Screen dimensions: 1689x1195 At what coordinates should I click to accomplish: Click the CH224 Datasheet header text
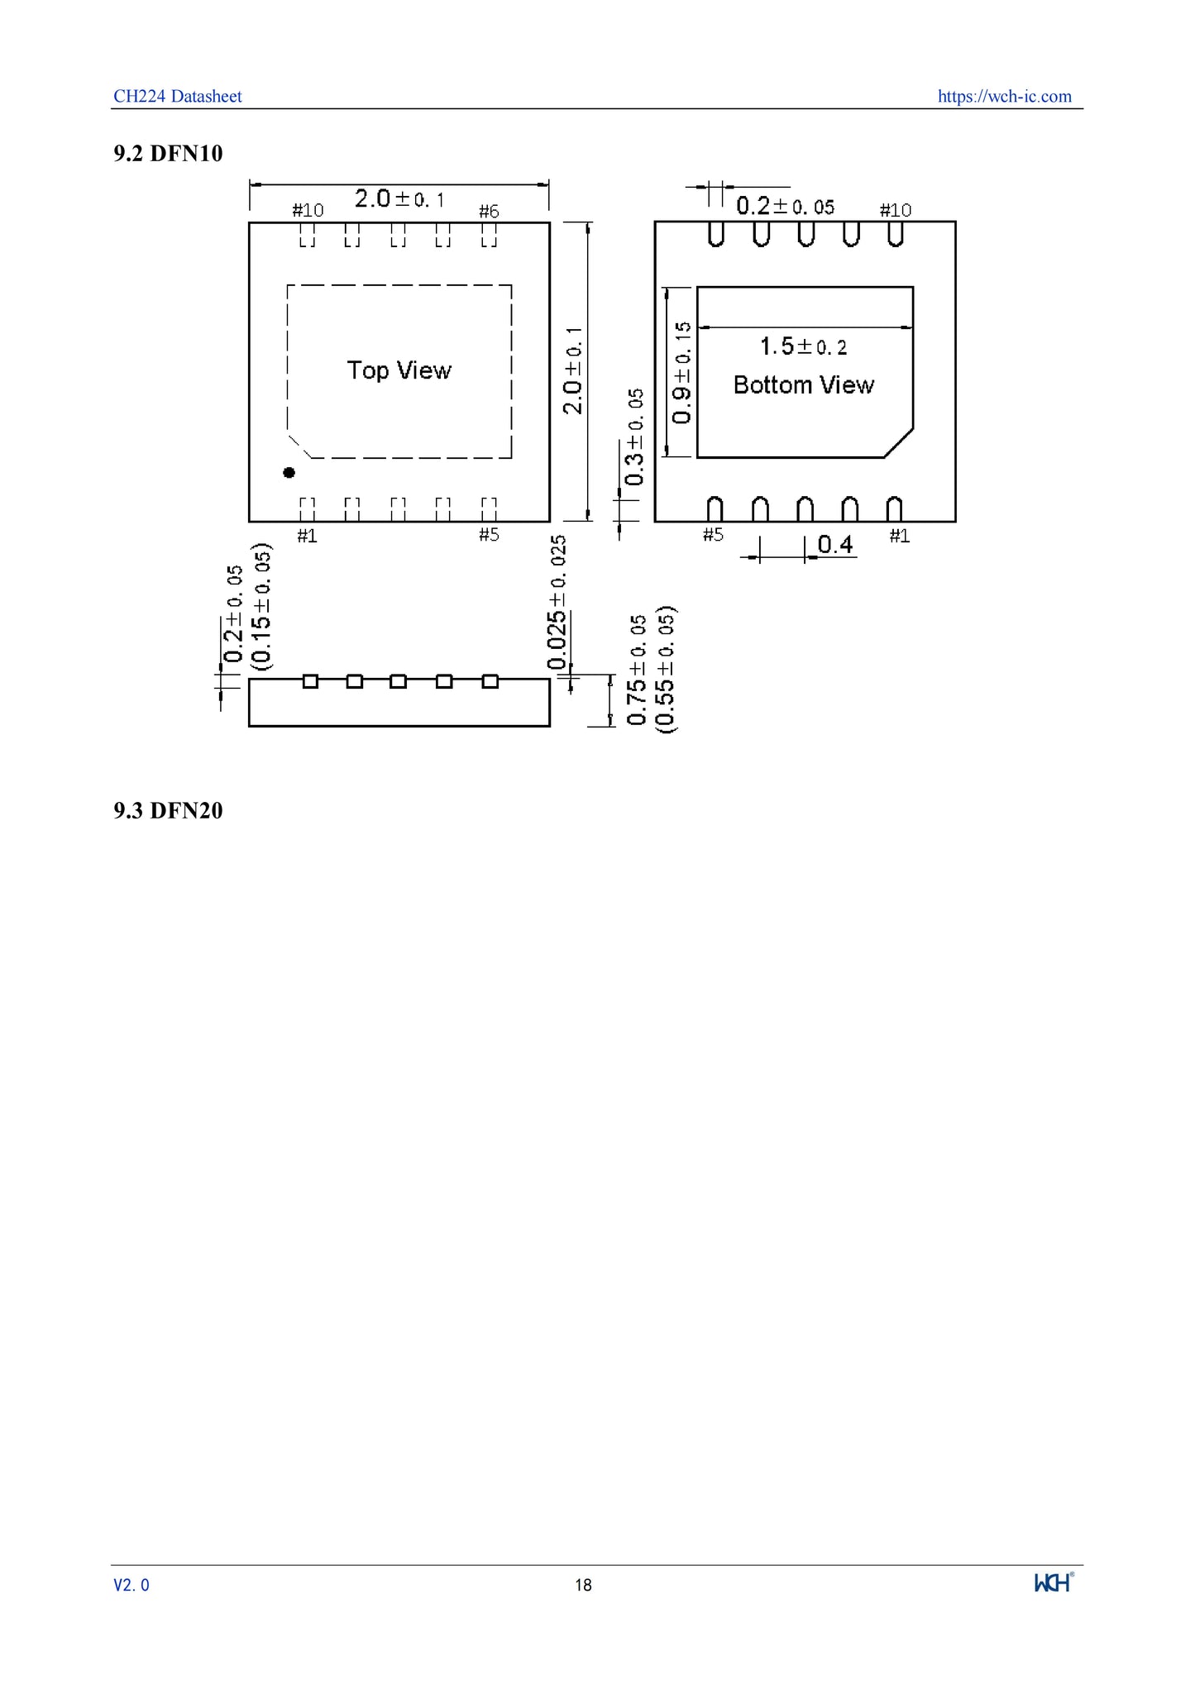177,96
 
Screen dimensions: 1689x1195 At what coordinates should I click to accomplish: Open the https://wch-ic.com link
1004,96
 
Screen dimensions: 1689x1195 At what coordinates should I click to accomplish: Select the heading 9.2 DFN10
168,153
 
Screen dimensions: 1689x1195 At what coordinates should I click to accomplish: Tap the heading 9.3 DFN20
168,810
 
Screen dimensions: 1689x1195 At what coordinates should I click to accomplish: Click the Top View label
399,370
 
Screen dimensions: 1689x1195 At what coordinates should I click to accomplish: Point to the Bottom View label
803,384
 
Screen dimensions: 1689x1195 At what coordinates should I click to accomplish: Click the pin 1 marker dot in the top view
289,472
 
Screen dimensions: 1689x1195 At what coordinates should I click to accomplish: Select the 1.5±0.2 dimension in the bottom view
803,346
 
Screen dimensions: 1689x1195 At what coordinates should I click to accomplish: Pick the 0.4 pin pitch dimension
834,544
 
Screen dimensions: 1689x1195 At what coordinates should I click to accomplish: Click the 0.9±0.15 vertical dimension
682,372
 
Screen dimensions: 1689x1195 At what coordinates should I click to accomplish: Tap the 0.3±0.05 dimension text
634,437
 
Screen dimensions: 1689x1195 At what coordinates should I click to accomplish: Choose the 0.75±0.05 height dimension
637,670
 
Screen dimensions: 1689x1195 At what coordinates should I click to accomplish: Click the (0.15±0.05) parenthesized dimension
261,605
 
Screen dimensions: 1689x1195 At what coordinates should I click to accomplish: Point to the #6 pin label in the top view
489,211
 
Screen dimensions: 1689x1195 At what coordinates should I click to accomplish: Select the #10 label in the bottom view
895,210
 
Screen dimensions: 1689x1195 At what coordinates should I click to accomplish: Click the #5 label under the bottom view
713,535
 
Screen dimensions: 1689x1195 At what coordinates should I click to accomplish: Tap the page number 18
583,1585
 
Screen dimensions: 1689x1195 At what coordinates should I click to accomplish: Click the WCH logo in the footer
1054,1582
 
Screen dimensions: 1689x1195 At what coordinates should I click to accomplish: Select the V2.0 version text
131,1585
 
